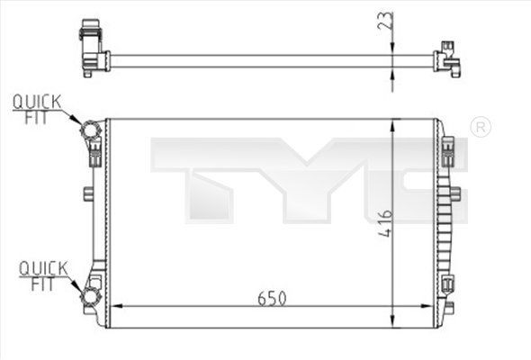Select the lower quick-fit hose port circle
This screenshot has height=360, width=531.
[90, 298]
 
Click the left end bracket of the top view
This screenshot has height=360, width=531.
[91, 45]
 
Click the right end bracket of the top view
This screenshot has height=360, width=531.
[447, 60]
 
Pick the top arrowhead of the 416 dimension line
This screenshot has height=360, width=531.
[392, 126]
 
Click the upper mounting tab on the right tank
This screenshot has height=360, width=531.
[453, 148]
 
